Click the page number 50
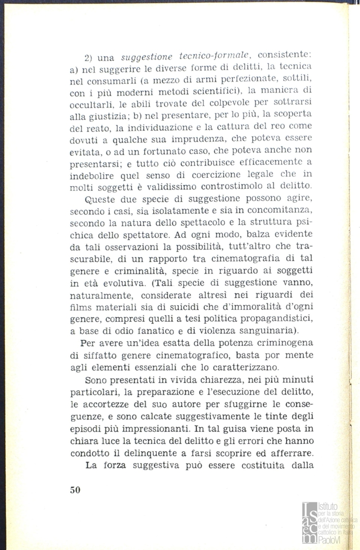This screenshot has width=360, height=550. tap(75, 490)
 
